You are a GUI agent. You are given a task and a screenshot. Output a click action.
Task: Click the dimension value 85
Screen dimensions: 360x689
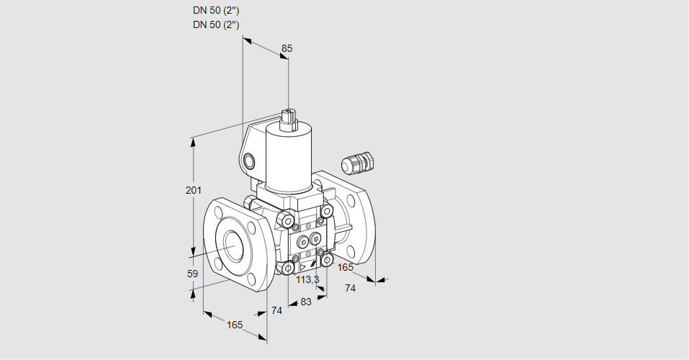click(287, 48)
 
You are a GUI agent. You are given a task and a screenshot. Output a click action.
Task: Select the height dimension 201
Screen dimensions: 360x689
click(193, 190)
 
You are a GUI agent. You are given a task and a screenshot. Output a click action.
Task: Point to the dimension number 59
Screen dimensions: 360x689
click(192, 274)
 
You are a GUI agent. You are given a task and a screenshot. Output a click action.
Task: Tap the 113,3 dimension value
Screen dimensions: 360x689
click(307, 279)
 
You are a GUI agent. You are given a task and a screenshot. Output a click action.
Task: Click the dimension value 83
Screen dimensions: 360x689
click(306, 302)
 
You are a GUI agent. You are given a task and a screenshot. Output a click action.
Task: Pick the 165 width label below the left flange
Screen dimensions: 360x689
click(235, 325)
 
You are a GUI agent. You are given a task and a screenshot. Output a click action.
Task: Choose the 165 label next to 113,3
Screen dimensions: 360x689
click(345, 268)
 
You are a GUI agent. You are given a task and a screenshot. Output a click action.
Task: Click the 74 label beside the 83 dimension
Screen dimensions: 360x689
click(276, 310)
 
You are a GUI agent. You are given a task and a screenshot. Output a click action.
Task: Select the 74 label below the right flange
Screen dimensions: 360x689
click(351, 288)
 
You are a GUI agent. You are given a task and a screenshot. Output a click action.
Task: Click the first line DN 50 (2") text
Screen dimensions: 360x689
click(216, 11)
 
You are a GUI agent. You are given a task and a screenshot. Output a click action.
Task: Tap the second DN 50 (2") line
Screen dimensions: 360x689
click(216, 24)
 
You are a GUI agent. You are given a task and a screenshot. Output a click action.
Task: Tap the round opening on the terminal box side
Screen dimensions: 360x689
click(249, 160)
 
